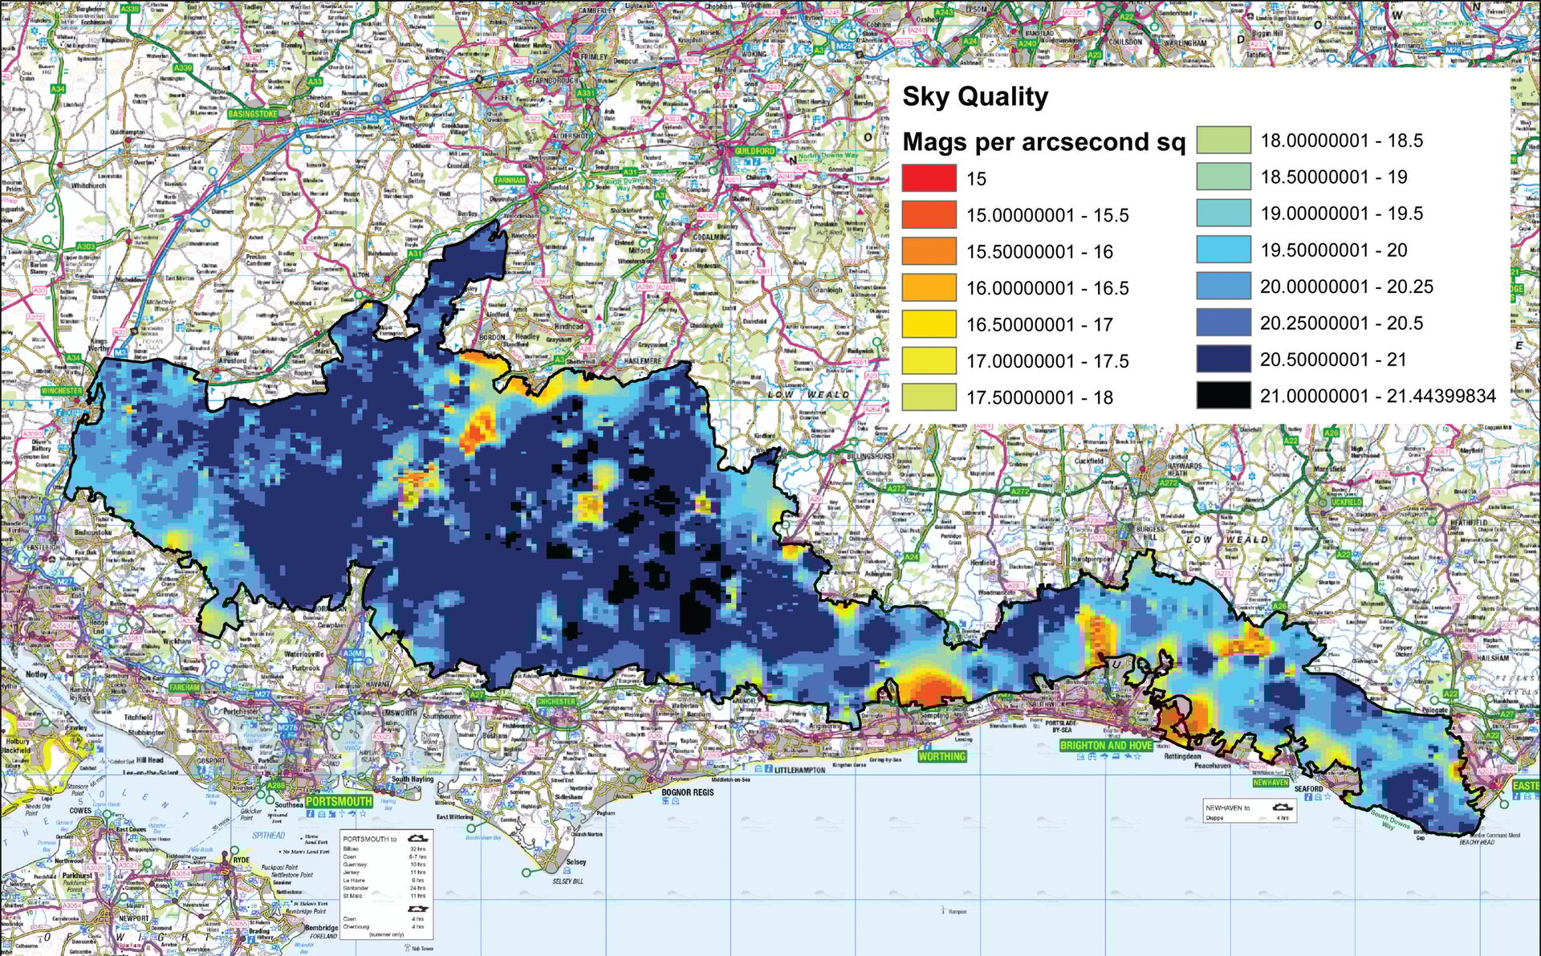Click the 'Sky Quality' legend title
[975, 97]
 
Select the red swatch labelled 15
[929, 178]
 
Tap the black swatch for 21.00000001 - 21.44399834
[1223, 396]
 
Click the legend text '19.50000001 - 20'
[1333, 250]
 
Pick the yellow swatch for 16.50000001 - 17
[929, 324]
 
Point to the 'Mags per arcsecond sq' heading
[1043, 142]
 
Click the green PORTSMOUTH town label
[339, 801]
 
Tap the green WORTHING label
[942, 756]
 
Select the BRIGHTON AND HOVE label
[1106, 745]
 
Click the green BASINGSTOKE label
[252, 114]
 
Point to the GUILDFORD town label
[754, 151]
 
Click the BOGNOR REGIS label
[688, 792]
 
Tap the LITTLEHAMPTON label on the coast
[799, 770]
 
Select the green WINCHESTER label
[62, 391]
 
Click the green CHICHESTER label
[556, 701]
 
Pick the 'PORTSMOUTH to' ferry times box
[387, 884]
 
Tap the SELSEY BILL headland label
[567, 881]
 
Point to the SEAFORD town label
[1308, 788]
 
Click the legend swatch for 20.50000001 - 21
[1223, 360]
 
